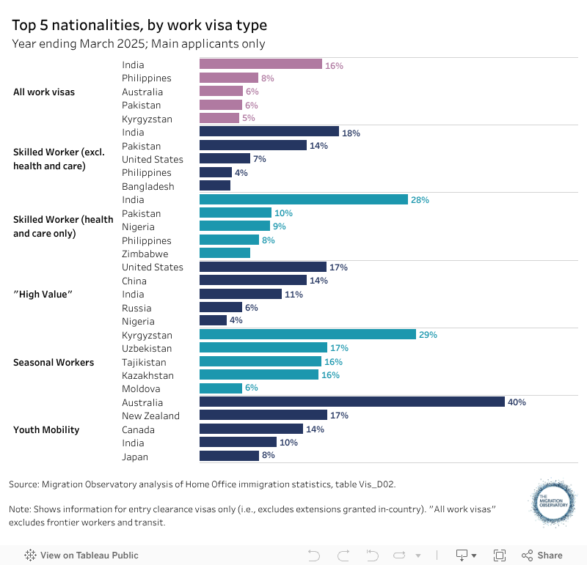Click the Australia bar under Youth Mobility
(352, 402)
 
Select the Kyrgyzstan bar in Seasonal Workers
(308, 334)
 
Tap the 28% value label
(420, 199)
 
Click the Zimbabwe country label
(145, 254)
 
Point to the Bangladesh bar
(215, 186)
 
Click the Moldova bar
(221, 388)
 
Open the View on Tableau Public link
(81, 555)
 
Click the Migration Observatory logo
(554, 503)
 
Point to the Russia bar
(221, 308)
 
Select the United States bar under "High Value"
(263, 267)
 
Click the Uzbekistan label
(147, 348)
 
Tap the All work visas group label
(44, 92)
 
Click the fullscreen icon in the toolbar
(500, 555)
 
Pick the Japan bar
(229, 456)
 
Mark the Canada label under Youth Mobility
(139, 429)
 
